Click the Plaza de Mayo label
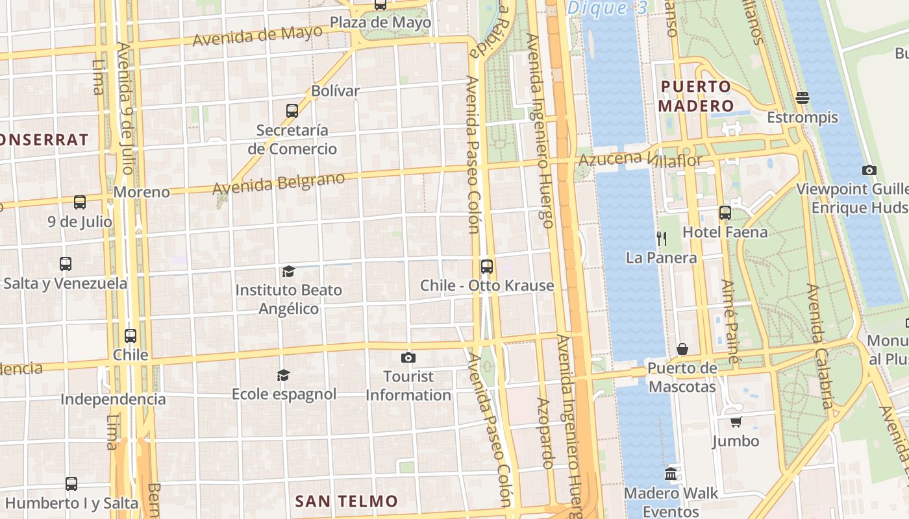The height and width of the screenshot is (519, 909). pos(380,23)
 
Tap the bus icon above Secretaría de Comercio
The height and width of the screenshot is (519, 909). pos(292,111)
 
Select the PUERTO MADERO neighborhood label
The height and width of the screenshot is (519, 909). pos(695,96)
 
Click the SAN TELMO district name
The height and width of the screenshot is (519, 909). pos(346,501)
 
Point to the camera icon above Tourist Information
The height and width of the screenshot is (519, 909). pos(408,357)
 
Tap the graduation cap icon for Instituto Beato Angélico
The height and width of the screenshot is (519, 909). pos(288,271)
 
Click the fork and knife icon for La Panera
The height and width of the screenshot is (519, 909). pos(661,239)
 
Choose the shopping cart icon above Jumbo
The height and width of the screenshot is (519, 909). pos(736,422)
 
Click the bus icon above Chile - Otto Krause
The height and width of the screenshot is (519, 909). pos(486,267)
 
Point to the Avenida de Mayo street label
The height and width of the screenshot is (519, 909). pos(258,36)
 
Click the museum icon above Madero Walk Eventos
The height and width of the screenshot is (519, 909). pos(671,474)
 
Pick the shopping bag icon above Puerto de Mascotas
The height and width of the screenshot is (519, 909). pos(682,350)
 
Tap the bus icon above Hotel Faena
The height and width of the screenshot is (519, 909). pos(725,213)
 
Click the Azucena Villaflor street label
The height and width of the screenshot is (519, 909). pos(640,159)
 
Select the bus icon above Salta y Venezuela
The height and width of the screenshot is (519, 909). pos(66,264)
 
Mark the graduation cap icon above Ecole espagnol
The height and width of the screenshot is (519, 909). pos(283,375)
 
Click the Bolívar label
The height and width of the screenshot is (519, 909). pos(336,91)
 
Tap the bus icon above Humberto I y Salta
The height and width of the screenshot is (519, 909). pos(71,484)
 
